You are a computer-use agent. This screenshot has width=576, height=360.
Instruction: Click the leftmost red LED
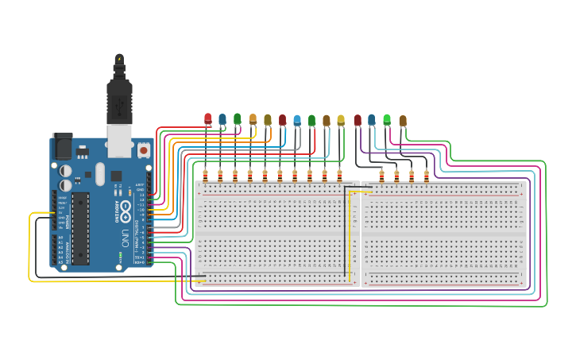click(x=208, y=119)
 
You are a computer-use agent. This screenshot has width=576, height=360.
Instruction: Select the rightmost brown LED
click(x=403, y=121)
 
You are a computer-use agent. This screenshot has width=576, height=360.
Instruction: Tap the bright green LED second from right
click(x=387, y=120)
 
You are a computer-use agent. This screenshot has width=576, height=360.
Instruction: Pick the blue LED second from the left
click(x=222, y=120)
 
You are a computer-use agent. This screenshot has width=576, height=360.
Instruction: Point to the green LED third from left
click(x=237, y=119)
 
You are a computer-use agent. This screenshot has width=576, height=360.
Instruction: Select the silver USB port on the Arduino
click(x=120, y=141)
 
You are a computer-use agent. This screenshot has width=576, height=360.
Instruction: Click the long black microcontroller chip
click(x=80, y=227)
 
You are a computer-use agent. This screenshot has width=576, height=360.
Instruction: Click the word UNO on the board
click(x=126, y=238)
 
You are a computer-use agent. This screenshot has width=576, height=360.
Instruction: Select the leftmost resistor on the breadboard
click(x=205, y=175)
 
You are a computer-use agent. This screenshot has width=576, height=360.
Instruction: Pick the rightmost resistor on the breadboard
click(x=426, y=176)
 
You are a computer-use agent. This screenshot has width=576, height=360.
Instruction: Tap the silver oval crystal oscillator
click(x=100, y=173)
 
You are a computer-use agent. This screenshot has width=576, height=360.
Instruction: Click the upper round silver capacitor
click(x=65, y=169)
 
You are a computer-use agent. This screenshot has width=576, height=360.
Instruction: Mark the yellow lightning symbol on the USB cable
click(x=119, y=59)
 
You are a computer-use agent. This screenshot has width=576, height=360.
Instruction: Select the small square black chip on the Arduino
click(x=116, y=176)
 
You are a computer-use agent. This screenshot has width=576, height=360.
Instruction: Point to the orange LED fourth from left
click(x=253, y=119)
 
